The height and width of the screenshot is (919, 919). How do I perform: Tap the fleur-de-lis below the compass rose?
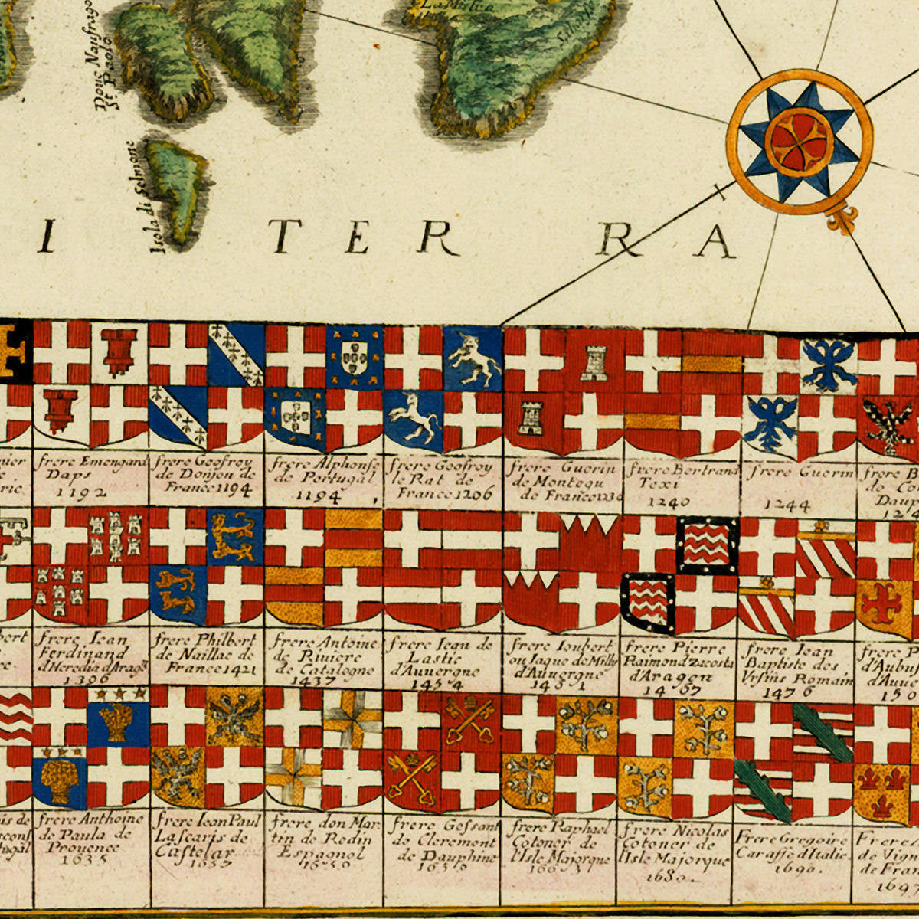[840, 220]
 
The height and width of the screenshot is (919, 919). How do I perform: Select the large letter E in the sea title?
[358, 238]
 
